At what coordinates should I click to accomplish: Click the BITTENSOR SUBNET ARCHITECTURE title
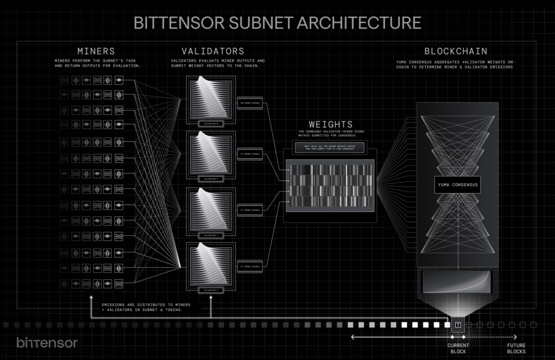click(x=277, y=23)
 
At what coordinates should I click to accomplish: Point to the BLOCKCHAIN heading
click(x=455, y=52)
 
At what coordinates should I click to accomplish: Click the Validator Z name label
click(x=211, y=291)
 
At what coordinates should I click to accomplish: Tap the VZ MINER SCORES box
click(x=250, y=266)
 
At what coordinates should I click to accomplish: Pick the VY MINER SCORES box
click(x=250, y=210)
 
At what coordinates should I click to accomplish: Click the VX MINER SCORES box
click(x=250, y=154)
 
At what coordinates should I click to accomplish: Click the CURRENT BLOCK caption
click(x=458, y=348)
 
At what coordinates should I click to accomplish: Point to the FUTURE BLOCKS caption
click(x=516, y=348)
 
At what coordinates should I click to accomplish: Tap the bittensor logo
click(x=47, y=343)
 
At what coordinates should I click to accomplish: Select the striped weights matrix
click(x=330, y=184)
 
